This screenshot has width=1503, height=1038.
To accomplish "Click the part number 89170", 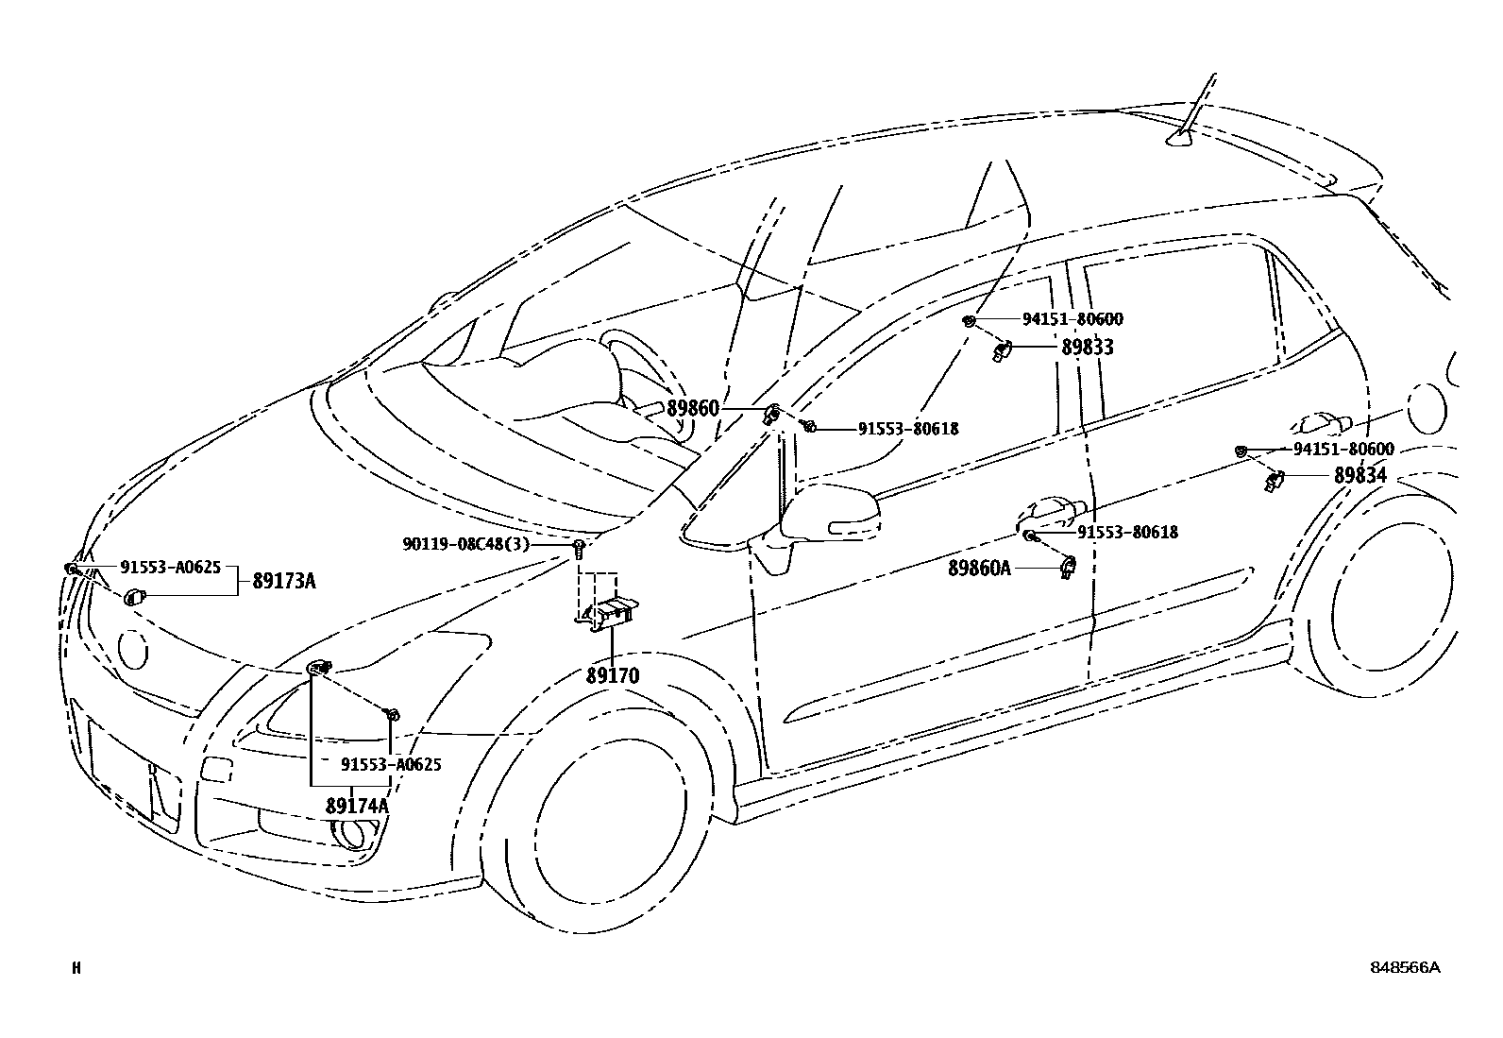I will coord(612,675).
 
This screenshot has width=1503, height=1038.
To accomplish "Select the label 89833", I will coord(1087,348).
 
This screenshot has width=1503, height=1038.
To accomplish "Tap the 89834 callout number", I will coord(1359,476).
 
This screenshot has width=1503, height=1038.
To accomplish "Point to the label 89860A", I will coord(979,568).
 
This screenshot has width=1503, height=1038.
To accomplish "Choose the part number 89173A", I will coord(283,581).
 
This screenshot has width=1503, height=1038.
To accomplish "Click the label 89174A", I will coord(357,806).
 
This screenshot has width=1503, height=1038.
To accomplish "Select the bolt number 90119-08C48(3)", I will coord(465,545).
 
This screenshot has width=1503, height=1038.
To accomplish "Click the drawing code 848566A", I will coord(1406,967).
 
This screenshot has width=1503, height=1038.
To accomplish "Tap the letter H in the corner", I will coord(76,967).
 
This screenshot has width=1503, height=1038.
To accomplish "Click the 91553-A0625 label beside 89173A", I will coord(170,567).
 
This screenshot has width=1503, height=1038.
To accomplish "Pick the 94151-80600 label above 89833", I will coord(1072,320).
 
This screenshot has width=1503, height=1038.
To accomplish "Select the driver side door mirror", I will coord(829,515).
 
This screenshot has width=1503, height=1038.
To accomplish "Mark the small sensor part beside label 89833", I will coord(1004,351).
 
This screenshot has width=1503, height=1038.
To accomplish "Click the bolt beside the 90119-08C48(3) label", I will coord(579,547).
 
